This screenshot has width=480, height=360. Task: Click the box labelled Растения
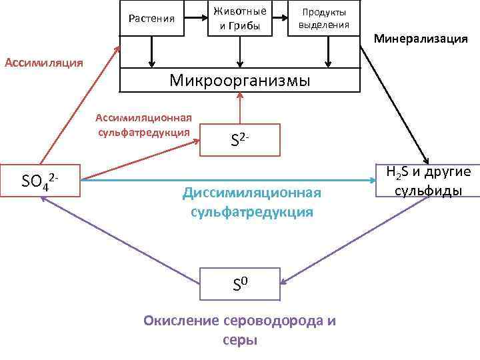[x=151, y=19]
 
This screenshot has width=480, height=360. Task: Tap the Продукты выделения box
[x=323, y=19]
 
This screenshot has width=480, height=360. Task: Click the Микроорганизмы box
[x=239, y=81]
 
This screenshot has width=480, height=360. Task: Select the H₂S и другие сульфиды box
[x=427, y=181]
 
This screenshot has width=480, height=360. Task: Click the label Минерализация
[x=420, y=39]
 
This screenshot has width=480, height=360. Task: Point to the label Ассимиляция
[x=44, y=63]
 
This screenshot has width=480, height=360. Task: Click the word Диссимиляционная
[x=251, y=193]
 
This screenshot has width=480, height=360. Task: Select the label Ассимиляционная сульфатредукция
[x=143, y=125]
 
